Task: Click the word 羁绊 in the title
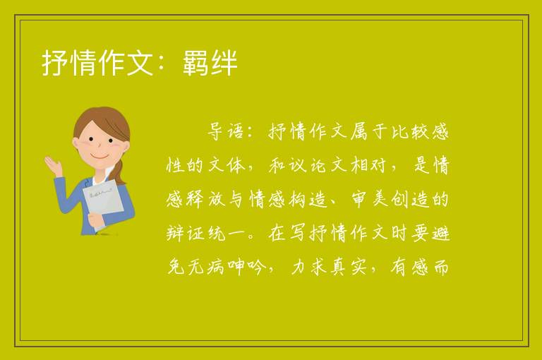[x=210, y=63]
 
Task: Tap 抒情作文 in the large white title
[x=97, y=63]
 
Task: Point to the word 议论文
[x=308, y=165]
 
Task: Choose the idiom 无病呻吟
[x=227, y=267]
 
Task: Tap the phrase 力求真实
[x=328, y=267]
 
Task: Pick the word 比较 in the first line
[x=410, y=132]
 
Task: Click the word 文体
[x=227, y=165]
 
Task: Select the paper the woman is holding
[x=103, y=202]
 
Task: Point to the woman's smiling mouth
[x=100, y=157]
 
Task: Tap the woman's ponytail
[x=121, y=172]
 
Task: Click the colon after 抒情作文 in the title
[x=162, y=64]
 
